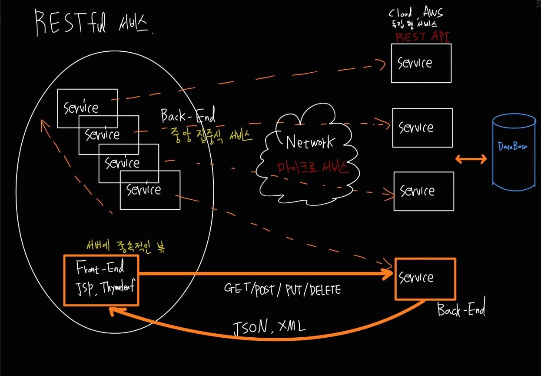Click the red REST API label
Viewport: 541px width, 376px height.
(422, 37)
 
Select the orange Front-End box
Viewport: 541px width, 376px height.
(101, 280)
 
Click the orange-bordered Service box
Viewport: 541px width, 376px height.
(425, 279)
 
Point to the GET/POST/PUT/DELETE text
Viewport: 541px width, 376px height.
(282, 289)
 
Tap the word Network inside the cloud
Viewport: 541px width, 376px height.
(310, 142)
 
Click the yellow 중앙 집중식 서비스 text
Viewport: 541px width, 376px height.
(212, 136)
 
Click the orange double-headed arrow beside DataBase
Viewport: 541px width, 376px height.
(471, 160)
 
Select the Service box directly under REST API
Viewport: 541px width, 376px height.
(421, 63)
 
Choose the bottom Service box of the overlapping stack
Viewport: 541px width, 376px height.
(150, 190)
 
